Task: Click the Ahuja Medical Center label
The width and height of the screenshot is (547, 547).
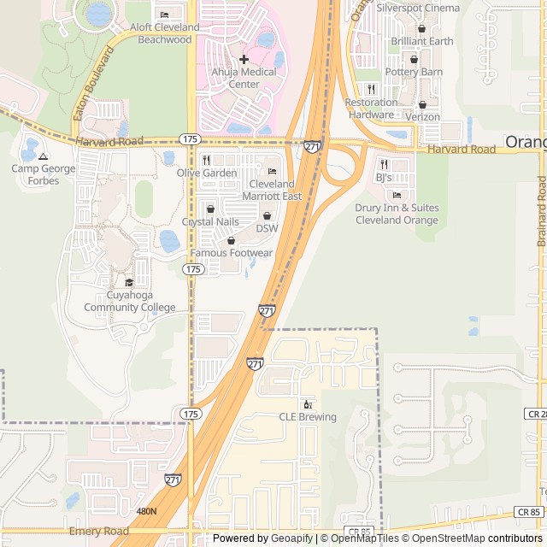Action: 244,78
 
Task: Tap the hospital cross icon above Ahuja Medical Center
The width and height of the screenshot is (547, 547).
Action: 244,59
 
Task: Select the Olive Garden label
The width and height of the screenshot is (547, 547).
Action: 207,173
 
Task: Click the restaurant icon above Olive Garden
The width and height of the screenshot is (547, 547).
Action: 206,160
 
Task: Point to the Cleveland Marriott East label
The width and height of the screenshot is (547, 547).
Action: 272,190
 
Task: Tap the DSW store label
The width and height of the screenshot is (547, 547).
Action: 268,228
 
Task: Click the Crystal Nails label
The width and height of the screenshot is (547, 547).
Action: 210,221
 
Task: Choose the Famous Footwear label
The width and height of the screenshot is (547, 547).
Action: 231,253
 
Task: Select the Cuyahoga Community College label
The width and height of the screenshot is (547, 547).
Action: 129,302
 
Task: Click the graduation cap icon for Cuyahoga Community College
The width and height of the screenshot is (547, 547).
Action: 129,283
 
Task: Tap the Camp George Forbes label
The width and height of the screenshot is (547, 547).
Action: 44,174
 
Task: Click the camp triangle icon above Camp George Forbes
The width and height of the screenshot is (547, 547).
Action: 44,156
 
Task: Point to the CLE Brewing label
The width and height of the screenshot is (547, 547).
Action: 308,417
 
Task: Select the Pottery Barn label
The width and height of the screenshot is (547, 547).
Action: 414,72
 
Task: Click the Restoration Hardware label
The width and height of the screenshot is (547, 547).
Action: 371,109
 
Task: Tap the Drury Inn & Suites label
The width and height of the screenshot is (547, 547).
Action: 397,214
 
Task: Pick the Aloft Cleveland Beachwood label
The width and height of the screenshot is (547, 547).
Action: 164,33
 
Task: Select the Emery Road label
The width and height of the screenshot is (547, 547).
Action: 99,531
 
